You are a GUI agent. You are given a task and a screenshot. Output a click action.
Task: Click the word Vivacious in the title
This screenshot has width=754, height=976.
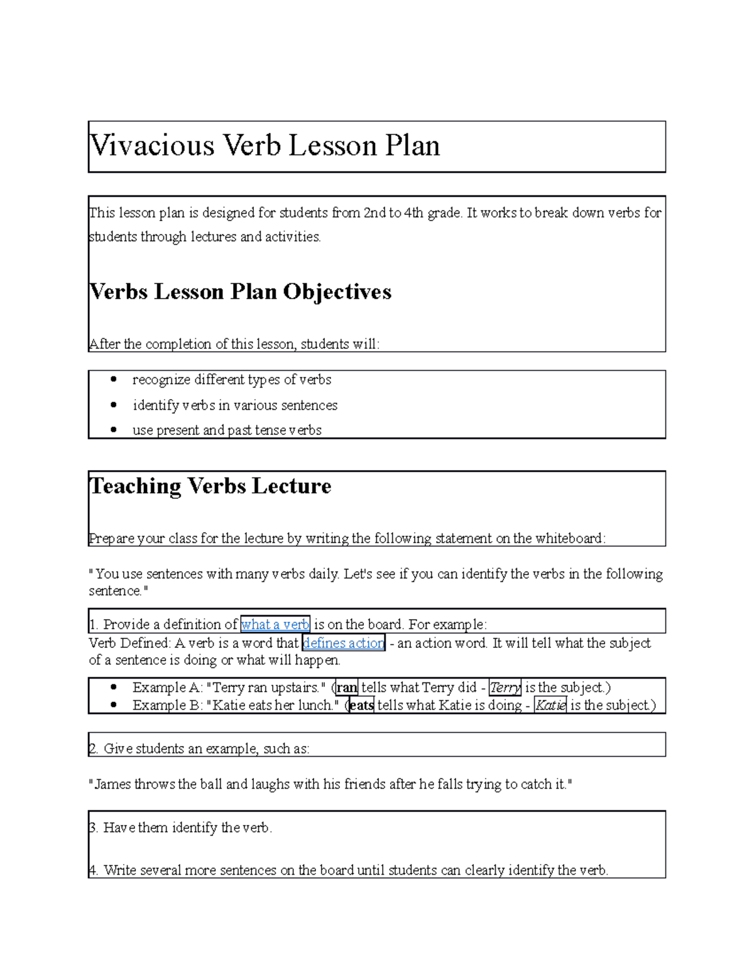pyautogui.click(x=153, y=146)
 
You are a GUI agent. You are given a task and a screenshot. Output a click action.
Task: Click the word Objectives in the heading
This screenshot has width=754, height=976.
pyautogui.click(x=337, y=292)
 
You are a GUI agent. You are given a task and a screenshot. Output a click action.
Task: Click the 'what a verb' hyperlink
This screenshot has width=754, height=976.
pyautogui.click(x=275, y=624)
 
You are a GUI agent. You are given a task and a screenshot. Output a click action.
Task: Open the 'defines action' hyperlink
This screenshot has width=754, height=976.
pyautogui.click(x=343, y=643)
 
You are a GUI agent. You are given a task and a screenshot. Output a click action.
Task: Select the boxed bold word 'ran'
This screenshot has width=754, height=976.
pyautogui.click(x=347, y=688)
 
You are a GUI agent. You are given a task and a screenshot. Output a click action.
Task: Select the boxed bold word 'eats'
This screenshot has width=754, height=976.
pyautogui.click(x=361, y=705)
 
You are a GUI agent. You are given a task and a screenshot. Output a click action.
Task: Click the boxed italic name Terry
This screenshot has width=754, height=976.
pyautogui.click(x=505, y=688)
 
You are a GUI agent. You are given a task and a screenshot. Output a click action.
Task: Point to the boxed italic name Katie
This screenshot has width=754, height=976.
pyautogui.click(x=550, y=705)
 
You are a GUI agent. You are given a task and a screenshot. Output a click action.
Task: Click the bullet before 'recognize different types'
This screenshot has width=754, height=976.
pyautogui.click(x=114, y=380)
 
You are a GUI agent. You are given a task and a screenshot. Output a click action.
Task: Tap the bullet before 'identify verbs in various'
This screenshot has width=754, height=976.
pyautogui.click(x=114, y=405)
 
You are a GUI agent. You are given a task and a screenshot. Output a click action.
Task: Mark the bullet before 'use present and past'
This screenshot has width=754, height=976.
pyautogui.click(x=114, y=430)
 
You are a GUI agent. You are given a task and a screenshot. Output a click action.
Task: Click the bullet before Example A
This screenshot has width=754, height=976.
pyautogui.click(x=114, y=688)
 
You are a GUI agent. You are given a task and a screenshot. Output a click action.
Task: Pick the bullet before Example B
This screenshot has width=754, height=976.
pyautogui.click(x=114, y=705)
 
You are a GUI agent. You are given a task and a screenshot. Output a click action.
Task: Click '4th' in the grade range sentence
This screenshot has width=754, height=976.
pyautogui.click(x=414, y=213)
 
